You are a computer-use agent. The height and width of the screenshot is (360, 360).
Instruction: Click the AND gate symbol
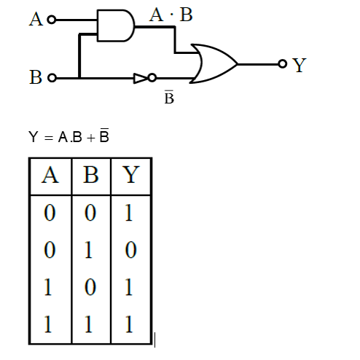[115, 26]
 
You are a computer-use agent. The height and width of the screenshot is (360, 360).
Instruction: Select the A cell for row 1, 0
[50, 287]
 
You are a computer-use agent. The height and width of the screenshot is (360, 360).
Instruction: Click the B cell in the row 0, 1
[90, 252]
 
